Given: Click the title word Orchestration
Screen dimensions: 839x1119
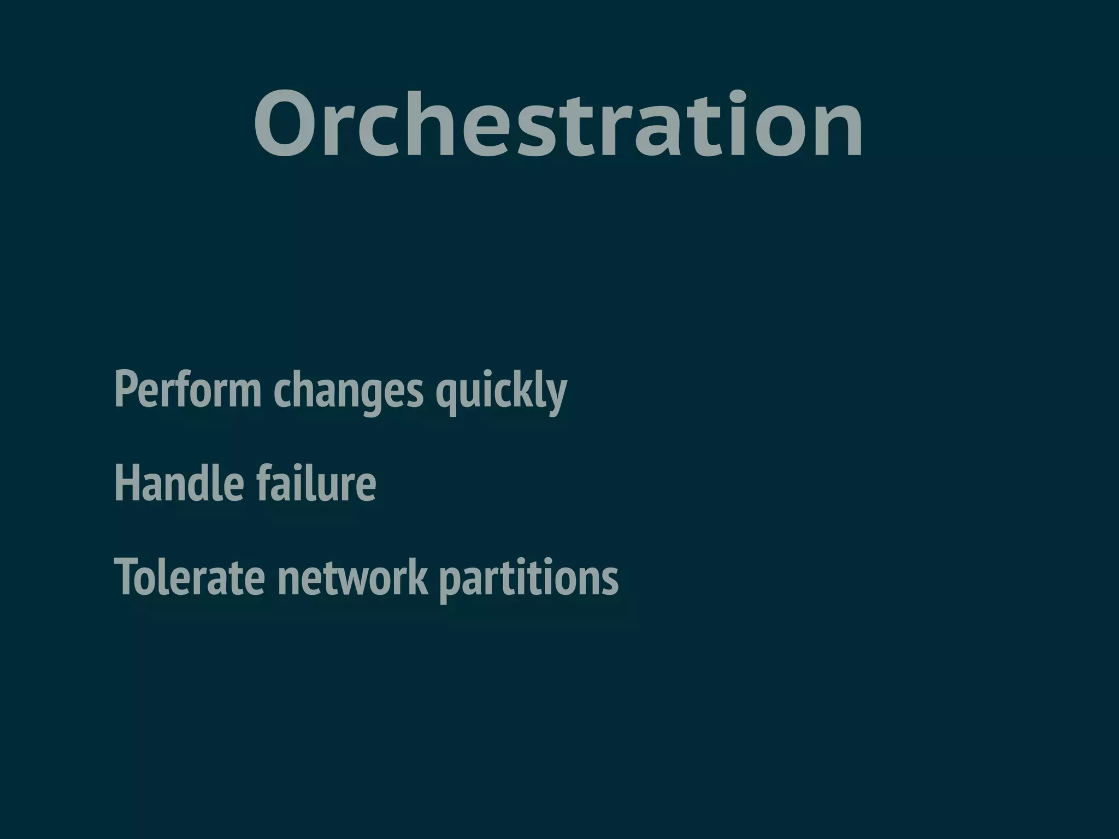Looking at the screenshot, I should coord(558,125).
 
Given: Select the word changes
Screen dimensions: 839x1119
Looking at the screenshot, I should coord(348,389).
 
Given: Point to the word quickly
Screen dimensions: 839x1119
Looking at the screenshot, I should coord(501,389).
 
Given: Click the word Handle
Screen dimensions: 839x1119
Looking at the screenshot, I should coord(179,483).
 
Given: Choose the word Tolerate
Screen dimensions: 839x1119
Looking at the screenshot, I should coord(190,577).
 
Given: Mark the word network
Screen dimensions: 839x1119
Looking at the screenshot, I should coord(352,577).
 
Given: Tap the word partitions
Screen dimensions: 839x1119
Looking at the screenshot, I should coord(528,577).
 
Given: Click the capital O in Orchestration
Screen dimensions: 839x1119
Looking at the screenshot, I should coord(287,125).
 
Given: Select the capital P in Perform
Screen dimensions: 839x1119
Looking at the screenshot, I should coord(125,389).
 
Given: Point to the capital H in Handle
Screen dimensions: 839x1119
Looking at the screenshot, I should coord(126,483).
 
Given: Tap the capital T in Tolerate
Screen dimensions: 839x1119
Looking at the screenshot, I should coord(127,577).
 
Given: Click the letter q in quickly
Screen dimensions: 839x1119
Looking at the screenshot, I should coord(446,394).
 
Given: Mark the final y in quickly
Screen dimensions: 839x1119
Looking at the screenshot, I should coord(557,394).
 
